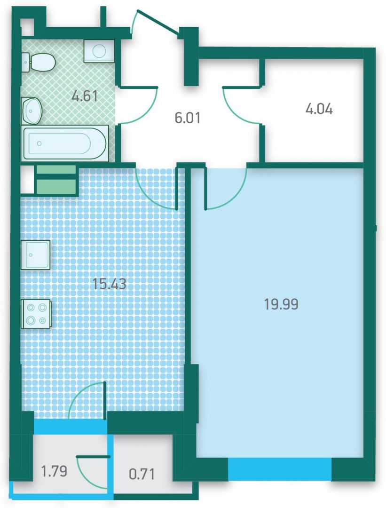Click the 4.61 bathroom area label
pyautogui.click(x=85, y=96)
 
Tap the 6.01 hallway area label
pyautogui.click(x=188, y=118)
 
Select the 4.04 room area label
pyautogui.click(x=319, y=109)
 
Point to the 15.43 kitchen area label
pyautogui.click(x=110, y=284)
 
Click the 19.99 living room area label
pyautogui.click(x=281, y=304)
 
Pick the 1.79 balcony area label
pyautogui.click(x=55, y=470)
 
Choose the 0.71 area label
pyautogui.click(x=142, y=474)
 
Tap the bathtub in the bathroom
pyautogui.click(x=65, y=143)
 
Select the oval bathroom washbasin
pyautogui.click(x=32, y=111)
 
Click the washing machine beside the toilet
pyautogui.click(x=99, y=51)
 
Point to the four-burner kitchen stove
pyautogui.click(x=36, y=314)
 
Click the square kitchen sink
pyautogui.click(x=36, y=254)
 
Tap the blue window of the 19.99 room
pyautogui.click(x=280, y=468)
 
